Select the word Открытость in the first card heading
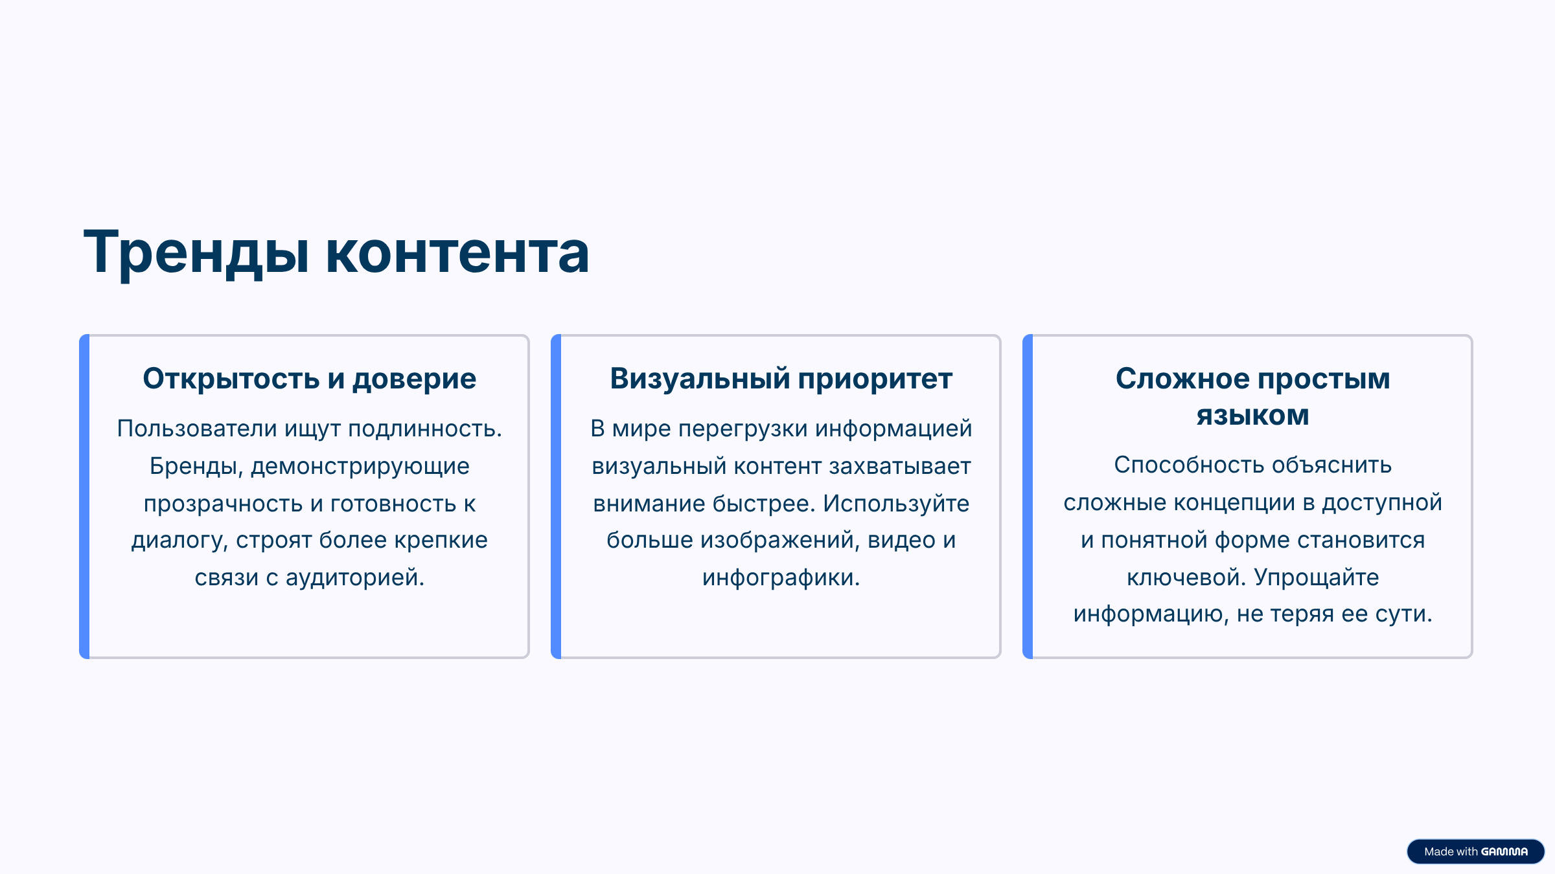(x=231, y=379)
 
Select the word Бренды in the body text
(x=196, y=467)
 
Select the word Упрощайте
(x=1316, y=577)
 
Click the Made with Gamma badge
(x=1475, y=851)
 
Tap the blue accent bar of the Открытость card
(x=84, y=497)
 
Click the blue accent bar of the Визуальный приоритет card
(x=556, y=497)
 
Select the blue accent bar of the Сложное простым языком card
(x=1028, y=497)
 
